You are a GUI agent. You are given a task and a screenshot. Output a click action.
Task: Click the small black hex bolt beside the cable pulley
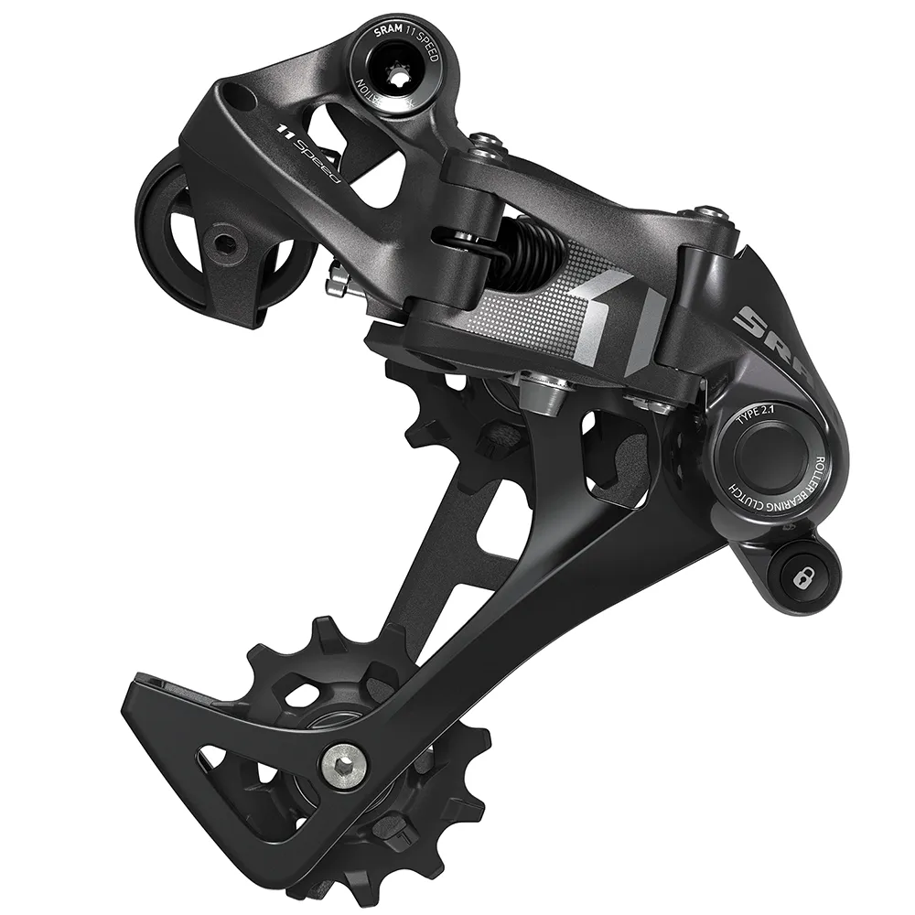223,241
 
